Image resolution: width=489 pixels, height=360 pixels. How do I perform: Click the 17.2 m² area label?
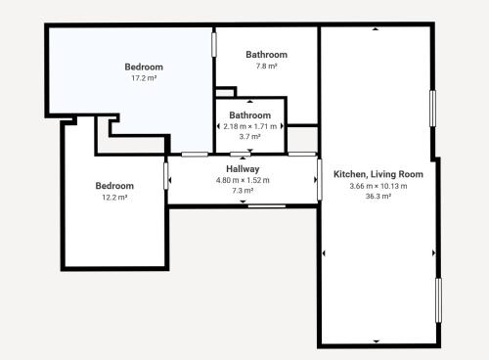point(144,78)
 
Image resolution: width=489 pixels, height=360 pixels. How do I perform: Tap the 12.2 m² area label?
point(114,198)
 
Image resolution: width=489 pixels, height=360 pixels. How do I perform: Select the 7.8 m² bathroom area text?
point(266,66)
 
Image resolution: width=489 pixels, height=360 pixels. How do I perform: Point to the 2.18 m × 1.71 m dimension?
point(250,126)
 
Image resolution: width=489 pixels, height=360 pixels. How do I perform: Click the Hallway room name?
point(243,169)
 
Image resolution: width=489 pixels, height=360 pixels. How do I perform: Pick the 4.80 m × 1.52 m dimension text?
point(243,180)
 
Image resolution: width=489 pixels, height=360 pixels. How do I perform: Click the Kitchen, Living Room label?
point(378,174)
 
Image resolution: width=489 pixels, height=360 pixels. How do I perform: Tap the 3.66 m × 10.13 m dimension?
point(378,186)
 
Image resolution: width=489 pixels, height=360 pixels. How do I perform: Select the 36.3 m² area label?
point(378,196)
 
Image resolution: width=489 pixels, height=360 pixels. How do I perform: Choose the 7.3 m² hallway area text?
point(243,191)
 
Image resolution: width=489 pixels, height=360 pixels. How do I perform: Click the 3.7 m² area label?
point(250,136)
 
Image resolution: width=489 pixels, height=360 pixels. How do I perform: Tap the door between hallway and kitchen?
point(320,180)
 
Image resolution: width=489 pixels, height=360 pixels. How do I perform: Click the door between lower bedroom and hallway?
point(165,176)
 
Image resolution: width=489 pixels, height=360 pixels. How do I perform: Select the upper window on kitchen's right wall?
point(432,109)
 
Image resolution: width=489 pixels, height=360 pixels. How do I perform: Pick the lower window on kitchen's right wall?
point(438,300)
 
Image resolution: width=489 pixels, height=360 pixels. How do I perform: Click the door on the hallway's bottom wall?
point(267,206)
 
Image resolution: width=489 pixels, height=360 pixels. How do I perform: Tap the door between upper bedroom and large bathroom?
point(214,44)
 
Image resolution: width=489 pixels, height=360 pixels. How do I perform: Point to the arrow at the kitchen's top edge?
point(376,29)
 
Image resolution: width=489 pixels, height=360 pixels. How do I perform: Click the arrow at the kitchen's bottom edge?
point(377,341)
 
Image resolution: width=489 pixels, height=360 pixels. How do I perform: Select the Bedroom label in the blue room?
point(144,67)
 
